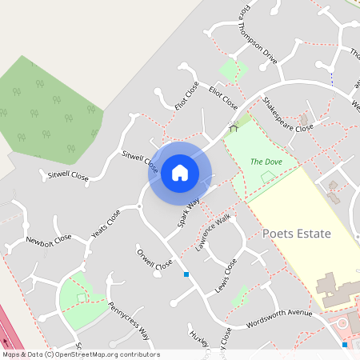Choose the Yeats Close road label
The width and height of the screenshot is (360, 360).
point(106,224)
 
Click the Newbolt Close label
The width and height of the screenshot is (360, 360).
point(48,238)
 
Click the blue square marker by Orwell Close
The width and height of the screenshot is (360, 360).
point(186,274)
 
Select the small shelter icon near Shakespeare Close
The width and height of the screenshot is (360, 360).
point(234,126)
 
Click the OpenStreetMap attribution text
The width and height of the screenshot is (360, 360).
point(80,354)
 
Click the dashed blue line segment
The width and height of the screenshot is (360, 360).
point(331,78)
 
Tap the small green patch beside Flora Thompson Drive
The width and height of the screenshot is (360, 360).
point(232,70)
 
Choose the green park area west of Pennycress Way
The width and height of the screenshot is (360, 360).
point(80,300)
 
